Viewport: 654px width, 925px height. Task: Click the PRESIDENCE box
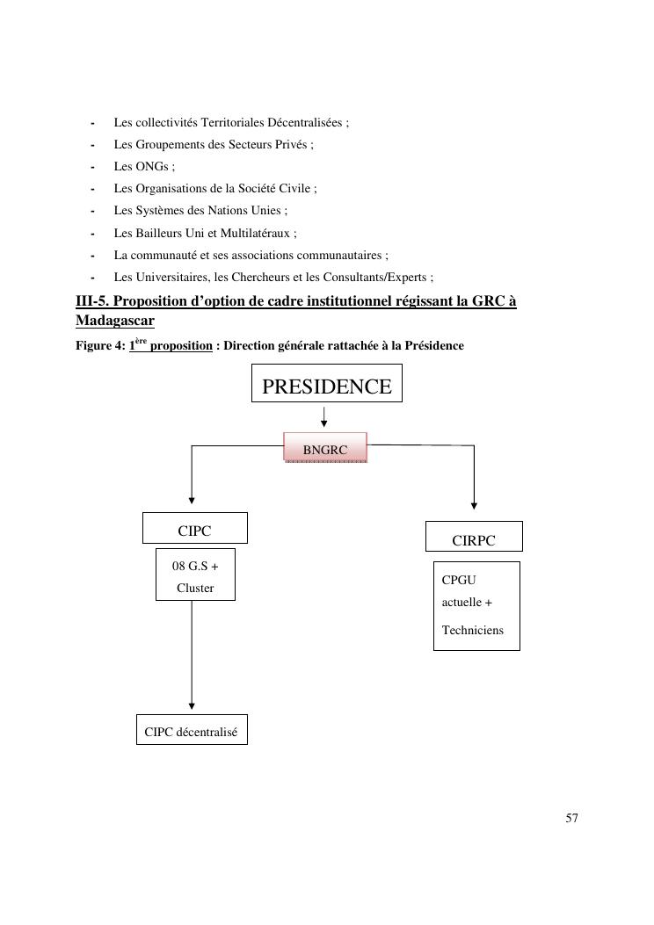[x=326, y=387]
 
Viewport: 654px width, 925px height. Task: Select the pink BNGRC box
[x=324, y=449]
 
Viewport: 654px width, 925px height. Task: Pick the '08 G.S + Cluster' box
[x=195, y=575]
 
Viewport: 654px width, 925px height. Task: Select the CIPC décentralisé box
[x=192, y=731]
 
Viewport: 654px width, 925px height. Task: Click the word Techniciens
[x=473, y=630]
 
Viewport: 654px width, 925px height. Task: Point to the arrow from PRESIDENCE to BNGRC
[x=324, y=416]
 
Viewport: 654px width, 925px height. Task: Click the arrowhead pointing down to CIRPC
[x=474, y=505]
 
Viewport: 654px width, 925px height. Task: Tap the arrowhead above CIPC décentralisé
[x=192, y=705]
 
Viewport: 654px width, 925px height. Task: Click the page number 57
[x=571, y=818]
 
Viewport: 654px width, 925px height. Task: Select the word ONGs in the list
[x=151, y=166]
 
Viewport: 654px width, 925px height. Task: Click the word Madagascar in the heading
[x=115, y=320]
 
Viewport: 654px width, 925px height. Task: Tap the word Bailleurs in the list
[x=158, y=233]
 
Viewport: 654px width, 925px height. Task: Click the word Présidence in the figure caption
[x=435, y=346]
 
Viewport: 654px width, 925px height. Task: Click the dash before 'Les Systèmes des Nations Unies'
[x=92, y=211]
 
